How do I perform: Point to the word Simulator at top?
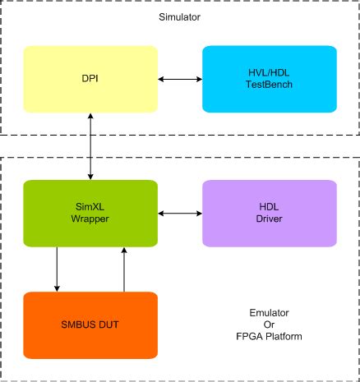(180, 16)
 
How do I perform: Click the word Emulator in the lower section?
(270, 313)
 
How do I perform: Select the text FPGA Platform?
(270, 336)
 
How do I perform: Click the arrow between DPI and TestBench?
(180, 79)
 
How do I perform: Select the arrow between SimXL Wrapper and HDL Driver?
(180, 214)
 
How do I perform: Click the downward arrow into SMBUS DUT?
(57, 269)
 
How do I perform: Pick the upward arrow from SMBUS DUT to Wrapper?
(124, 269)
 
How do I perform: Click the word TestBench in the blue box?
(270, 85)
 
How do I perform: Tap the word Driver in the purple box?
(270, 219)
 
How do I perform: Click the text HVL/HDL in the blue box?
(270, 72)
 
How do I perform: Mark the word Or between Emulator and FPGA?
(270, 324)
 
